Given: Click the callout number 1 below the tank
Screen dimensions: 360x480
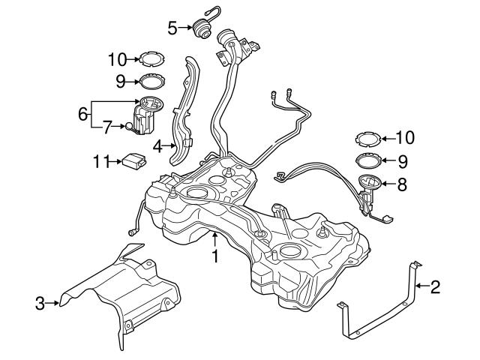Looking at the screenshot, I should [215, 257].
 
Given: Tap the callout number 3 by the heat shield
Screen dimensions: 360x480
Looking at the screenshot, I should [40, 303].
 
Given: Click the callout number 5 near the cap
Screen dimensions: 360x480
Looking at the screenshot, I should [172, 28].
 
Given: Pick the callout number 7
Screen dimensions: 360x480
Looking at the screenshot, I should [107, 127].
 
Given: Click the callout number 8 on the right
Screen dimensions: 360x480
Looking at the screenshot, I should [402, 183].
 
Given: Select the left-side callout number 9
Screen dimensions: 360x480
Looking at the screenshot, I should [119, 79].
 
